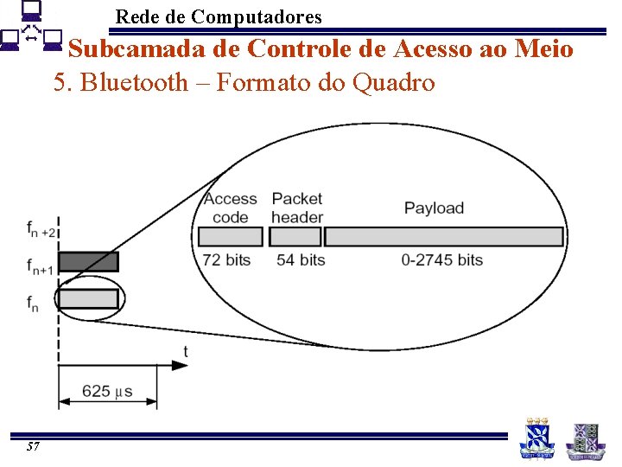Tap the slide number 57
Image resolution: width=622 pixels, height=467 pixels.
click(33, 446)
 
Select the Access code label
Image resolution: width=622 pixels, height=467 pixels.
click(230, 208)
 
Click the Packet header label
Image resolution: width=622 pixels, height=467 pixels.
click(297, 208)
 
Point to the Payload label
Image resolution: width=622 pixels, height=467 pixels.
click(434, 208)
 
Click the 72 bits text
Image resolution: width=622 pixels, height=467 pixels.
click(226, 259)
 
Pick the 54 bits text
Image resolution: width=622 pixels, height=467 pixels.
click(301, 259)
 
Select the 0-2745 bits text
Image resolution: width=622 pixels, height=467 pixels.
click(442, 259)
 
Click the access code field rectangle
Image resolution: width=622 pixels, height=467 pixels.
click(230, 236)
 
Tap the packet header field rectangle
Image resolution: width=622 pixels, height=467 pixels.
click(295, 236)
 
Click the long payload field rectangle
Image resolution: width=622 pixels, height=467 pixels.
click(444, 236)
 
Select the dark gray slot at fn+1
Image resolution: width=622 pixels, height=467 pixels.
click(88, 262)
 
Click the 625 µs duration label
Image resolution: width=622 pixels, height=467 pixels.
click(107, 392)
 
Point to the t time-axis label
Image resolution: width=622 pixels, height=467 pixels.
click(185, 350)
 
